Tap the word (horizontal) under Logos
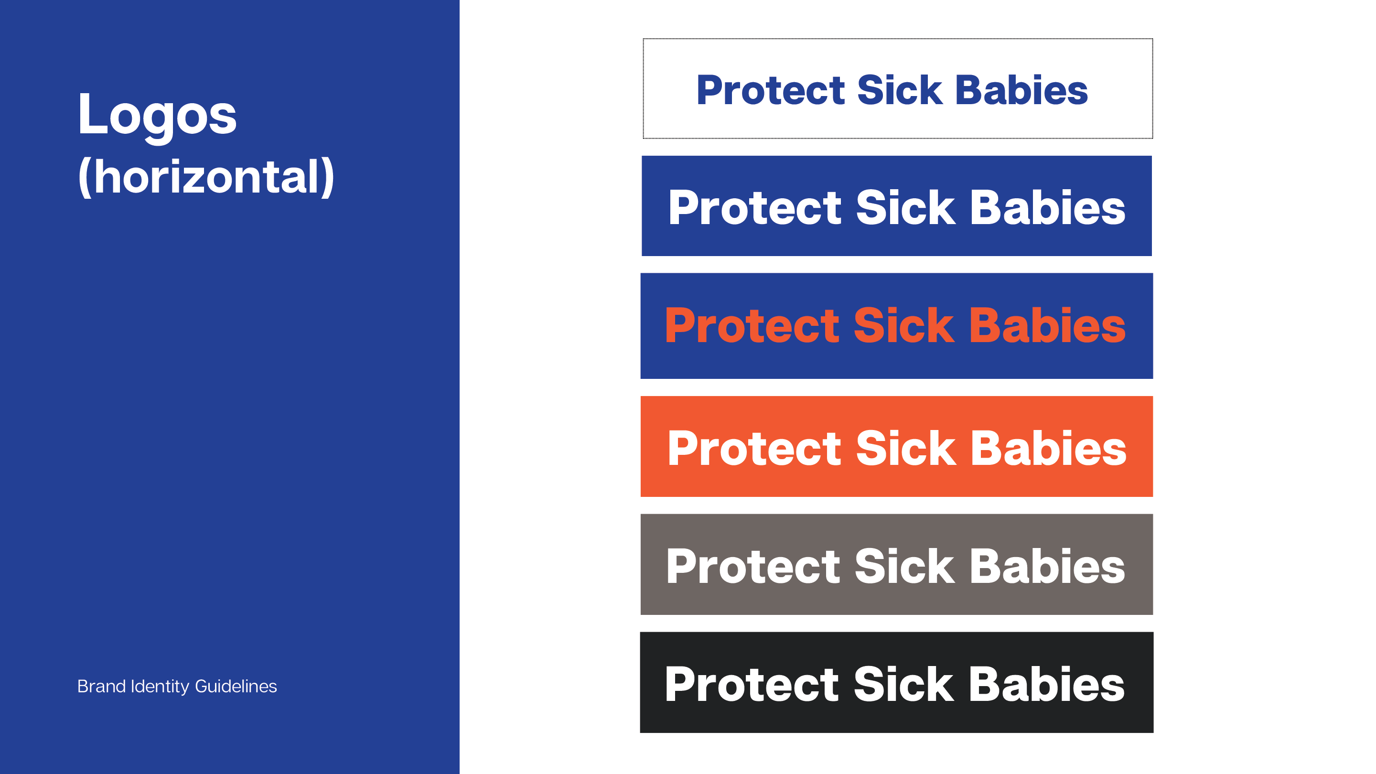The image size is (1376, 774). coord(206,177)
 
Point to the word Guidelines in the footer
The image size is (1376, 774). coord(236,686)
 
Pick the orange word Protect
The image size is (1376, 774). coord(752,325)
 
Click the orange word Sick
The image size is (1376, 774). coord(904,325)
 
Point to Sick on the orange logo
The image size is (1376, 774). coord(906,448)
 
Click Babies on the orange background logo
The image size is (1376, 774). coord(1049,448)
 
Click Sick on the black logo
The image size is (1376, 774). coord(904,684)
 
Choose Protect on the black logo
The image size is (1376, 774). coord(752,684)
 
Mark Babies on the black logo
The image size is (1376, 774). coord(1047,684)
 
